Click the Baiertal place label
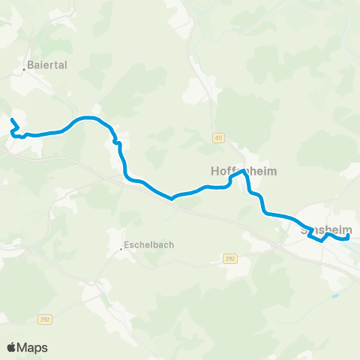point(48,65)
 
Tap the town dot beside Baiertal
point(25,69)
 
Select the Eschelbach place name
point(146,244)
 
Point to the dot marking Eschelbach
point(121,249)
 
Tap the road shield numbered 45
point(218,137)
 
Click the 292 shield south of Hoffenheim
point(229,258)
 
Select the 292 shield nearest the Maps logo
point(44,319)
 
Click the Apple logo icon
point(11,347)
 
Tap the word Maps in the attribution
point(32,347)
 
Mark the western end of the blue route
point(12,119)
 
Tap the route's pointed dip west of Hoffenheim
point(172,199)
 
